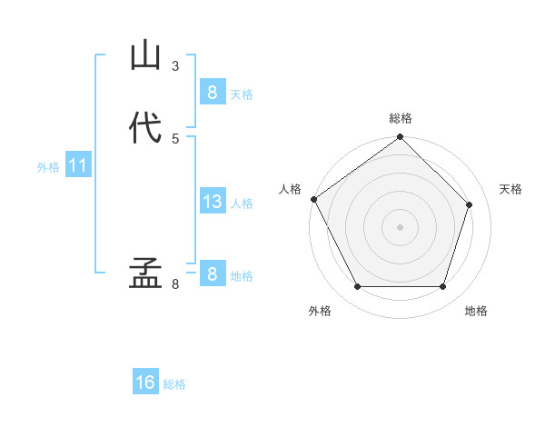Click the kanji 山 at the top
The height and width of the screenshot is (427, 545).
tap(146, 55)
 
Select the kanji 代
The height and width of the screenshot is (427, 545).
tap(146, 127)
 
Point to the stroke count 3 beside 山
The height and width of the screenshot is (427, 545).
tap(175, 66)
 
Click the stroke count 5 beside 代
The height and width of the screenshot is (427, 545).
tap(175, 138)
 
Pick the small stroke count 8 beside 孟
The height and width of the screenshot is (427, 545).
tap(175, 284)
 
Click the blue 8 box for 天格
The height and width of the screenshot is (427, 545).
tap(212, 93)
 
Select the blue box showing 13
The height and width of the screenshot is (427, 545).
tap(212, 202)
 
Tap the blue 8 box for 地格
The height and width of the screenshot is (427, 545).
tap(212, 274)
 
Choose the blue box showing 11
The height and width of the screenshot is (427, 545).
tap(78, 166)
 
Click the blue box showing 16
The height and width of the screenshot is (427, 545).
tap(145, 382)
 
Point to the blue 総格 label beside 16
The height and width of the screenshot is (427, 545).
tap(174, 384)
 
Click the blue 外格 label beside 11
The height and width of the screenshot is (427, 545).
tap(48, 167)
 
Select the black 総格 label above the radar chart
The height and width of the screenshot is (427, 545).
tap(401, 118)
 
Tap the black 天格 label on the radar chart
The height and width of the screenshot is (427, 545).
tap(510, 189)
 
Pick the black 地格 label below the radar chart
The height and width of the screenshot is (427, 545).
tap(476, 311)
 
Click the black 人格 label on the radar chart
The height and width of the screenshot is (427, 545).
tap(290, 189)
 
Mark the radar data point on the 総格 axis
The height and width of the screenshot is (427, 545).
tap(400, 137)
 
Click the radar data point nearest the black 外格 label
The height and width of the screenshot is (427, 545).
tap(357, 287)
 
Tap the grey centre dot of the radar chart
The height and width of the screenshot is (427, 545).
tap(400, 227)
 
